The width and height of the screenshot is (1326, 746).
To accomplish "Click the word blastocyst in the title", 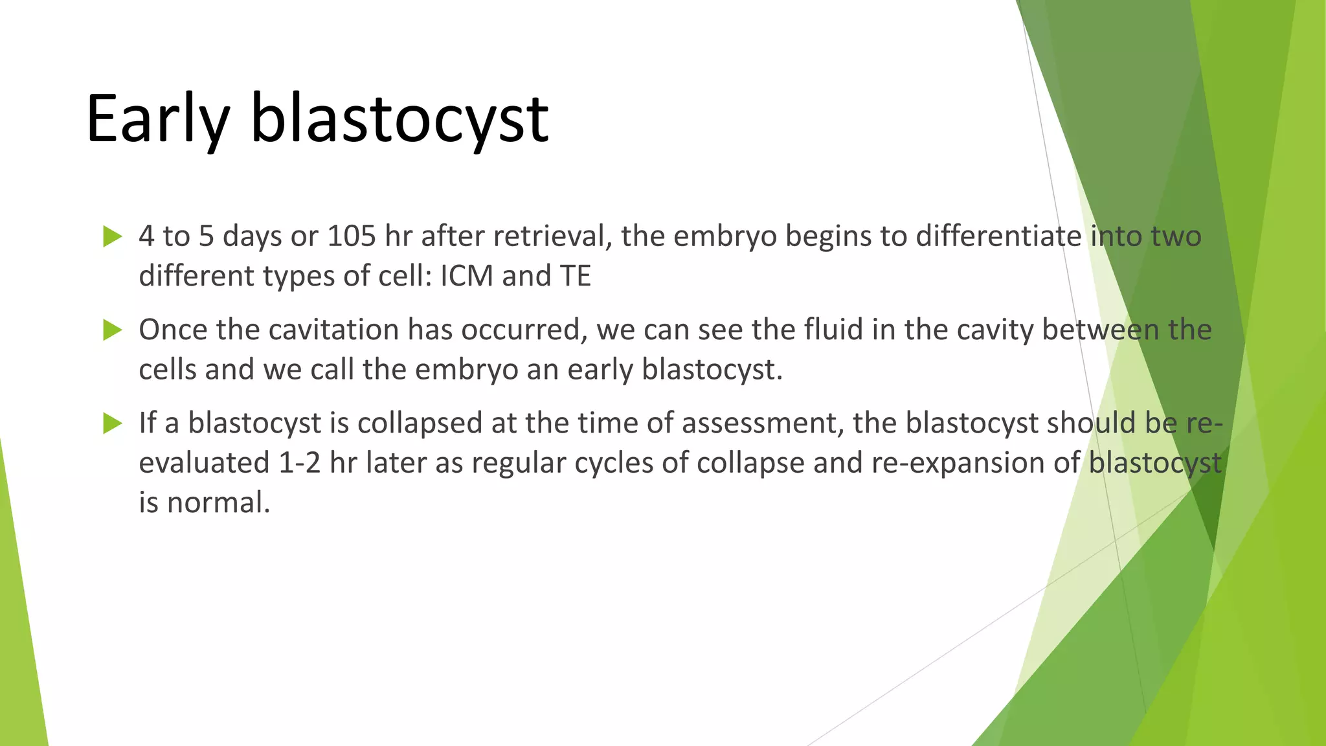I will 399,119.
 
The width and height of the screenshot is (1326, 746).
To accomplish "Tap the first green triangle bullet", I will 112,237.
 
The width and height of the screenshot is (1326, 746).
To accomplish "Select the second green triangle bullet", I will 112,330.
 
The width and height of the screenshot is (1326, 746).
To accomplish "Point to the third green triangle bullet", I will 112,424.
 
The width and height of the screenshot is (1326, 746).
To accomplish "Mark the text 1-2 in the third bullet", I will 299,464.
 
